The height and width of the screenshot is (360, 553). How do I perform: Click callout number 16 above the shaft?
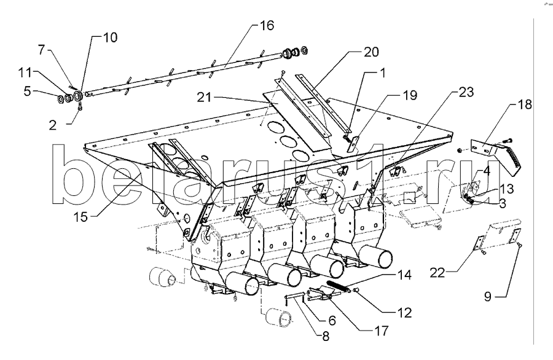[267, 25]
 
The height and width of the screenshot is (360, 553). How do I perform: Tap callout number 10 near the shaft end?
[110, 37]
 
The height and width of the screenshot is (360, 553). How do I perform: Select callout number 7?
[42, 50]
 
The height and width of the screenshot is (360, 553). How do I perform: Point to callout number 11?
[25, 72]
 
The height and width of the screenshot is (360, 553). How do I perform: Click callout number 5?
[28, 92]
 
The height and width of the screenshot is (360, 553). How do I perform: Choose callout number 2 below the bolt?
[53, 125]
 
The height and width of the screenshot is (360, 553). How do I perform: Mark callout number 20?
[371, 52]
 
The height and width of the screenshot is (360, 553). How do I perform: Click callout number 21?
[204, 97]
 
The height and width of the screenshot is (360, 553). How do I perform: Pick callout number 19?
[410, 95]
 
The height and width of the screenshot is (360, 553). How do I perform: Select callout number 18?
[525, 104]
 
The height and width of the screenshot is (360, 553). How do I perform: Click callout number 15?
[80, 217]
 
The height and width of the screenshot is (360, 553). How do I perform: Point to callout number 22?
[437, 273]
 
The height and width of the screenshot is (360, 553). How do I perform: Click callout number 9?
[488, 297]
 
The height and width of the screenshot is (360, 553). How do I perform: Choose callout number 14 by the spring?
[404, 275]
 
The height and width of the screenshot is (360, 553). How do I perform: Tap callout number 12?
[404, 313]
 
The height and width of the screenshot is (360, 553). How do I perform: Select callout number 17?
[381, 331]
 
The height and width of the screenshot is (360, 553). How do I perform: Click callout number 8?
[325, 337]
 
